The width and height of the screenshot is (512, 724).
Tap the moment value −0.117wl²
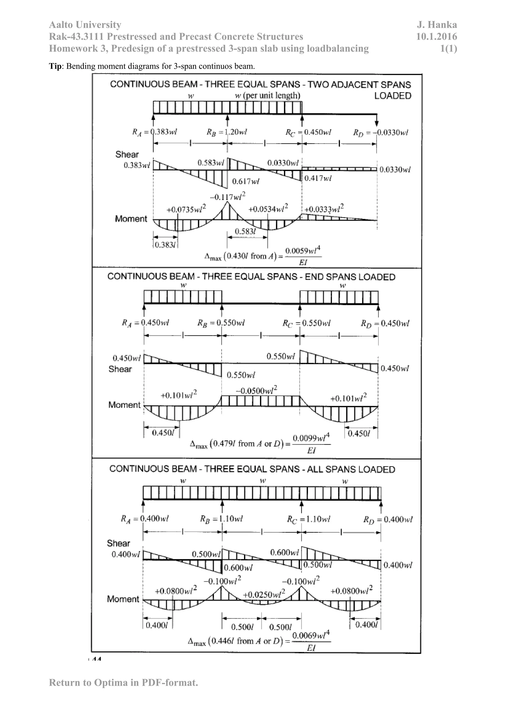[x=228, y=196]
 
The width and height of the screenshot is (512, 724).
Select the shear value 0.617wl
[x=245, y=181]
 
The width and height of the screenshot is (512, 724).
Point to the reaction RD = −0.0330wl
[x=381, y=132]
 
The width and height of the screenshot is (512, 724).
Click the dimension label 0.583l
[x=245, y=231]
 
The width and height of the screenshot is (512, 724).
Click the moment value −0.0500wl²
[x=256, y=390]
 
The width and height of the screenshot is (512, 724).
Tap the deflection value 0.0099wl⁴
[x=311, y=438]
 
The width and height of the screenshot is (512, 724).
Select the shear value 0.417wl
[x=318, y=178]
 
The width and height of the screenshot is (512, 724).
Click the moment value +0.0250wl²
[x=264, y=594]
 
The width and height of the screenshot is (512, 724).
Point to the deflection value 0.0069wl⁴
[x=311, y=635]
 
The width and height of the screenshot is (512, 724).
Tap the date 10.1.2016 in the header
[x=436, y=36]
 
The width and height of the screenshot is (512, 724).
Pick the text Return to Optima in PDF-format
[x=123, y=682]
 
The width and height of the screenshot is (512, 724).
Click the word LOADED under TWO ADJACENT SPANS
[x=392, y=96]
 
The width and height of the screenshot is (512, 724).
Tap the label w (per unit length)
[x=267, y=95]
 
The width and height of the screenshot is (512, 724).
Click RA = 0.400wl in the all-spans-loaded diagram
[x=145, y=519]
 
